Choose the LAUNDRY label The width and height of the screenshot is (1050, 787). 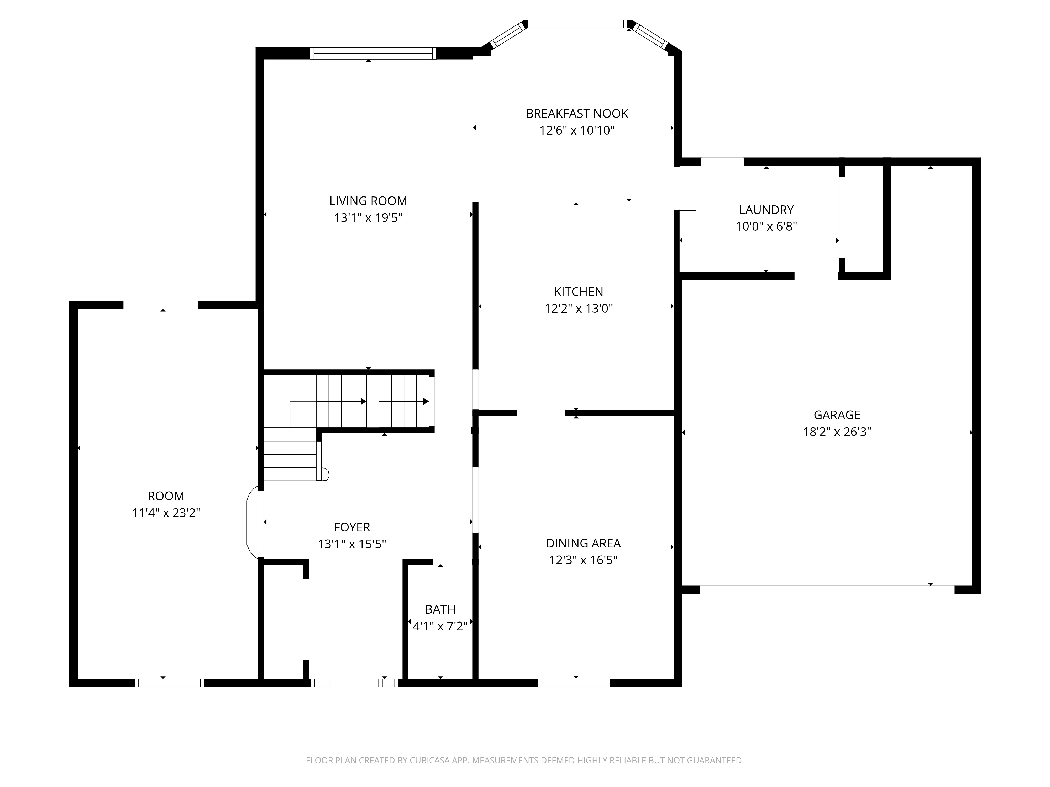(x=766, y=210)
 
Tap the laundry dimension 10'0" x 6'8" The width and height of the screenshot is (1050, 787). (x=766, y=227)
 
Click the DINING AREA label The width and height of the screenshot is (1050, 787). (x=583, y=543)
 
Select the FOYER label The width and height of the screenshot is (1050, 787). (x=352, y=527)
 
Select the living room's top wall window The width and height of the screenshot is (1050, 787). (x=373, y=54)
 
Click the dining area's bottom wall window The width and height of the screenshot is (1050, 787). (x=574, y=683)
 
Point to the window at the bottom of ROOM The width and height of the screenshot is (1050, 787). (x=170, y=683)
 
